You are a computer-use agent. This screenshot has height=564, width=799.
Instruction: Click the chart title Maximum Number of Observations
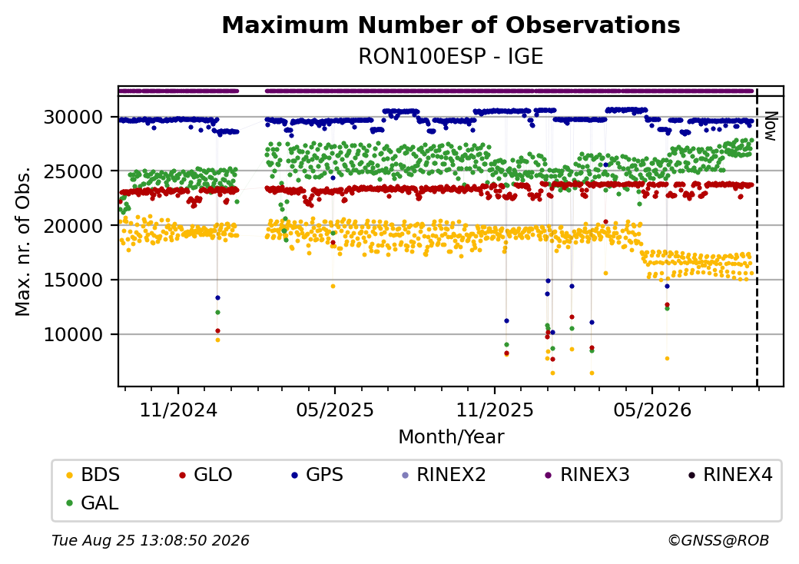tap(451, 25)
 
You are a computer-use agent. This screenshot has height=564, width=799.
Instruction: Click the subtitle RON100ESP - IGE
tap(451, 56)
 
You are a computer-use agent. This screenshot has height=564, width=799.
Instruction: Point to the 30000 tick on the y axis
tap(74, 118)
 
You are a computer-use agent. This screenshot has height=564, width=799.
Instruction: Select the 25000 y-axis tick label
tap(74, 171)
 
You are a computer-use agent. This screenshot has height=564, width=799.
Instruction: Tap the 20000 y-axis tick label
tap(74, 226)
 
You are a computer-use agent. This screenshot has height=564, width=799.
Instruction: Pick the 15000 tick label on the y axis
tap(74, 280)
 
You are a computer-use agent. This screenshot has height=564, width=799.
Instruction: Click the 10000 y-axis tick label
tap(74, 335)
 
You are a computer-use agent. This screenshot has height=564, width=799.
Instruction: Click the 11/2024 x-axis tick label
tap(178, 410)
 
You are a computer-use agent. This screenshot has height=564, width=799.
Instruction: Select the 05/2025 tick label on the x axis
tap(335, 410)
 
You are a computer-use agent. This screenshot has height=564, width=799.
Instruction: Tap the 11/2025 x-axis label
tap(494, 410)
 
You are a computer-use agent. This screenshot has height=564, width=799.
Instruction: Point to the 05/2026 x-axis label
tap(652, 410)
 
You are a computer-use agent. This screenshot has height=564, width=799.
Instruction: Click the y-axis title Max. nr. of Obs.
tap(23, 241)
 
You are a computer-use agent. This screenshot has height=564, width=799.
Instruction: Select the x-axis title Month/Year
tap(451, 437)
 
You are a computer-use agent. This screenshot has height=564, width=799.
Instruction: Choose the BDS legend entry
tap(94, 475)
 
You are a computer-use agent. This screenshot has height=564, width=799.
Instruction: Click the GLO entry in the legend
tap(206, 475)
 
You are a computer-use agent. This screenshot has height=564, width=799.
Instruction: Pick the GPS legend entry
tap(317, 475)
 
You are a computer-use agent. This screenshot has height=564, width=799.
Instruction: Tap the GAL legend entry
tap(93, 503)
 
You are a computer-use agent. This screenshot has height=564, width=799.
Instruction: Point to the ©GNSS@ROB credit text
tap(718, 540)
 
